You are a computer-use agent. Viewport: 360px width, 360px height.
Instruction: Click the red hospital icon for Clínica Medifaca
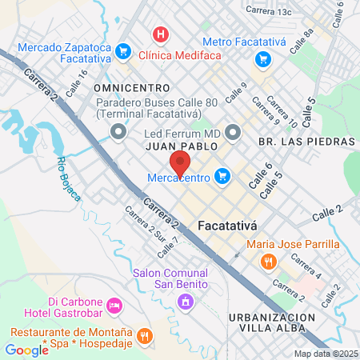[x=162, y=34]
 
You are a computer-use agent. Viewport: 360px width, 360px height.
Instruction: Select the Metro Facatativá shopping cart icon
[x=262, y=58]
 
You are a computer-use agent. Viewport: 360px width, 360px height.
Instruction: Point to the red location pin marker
[x=179, y=162]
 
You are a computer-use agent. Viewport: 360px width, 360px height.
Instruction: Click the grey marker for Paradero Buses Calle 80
[x=119, y=131]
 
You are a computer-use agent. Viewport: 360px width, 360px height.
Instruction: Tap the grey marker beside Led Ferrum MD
[x=233, y=131]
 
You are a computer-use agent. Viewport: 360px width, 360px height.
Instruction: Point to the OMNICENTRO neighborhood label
[x=132, y=86]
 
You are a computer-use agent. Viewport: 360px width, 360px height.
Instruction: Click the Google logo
[x=26, y=350]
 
